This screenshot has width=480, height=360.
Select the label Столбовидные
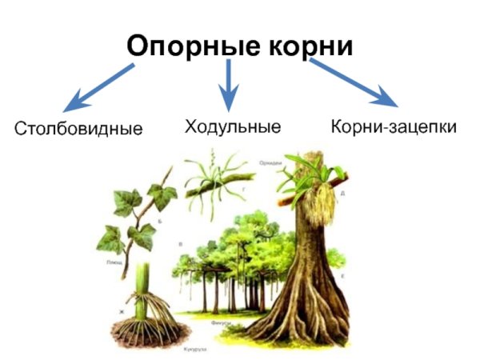[x=78, y=129]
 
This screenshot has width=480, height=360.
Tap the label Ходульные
[x=232, y=126]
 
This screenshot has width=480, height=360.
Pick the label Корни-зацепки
[x=394, y=126]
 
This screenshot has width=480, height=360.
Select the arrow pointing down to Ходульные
[x=229, y=84]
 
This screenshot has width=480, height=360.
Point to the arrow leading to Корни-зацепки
[x=355, y=84]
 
